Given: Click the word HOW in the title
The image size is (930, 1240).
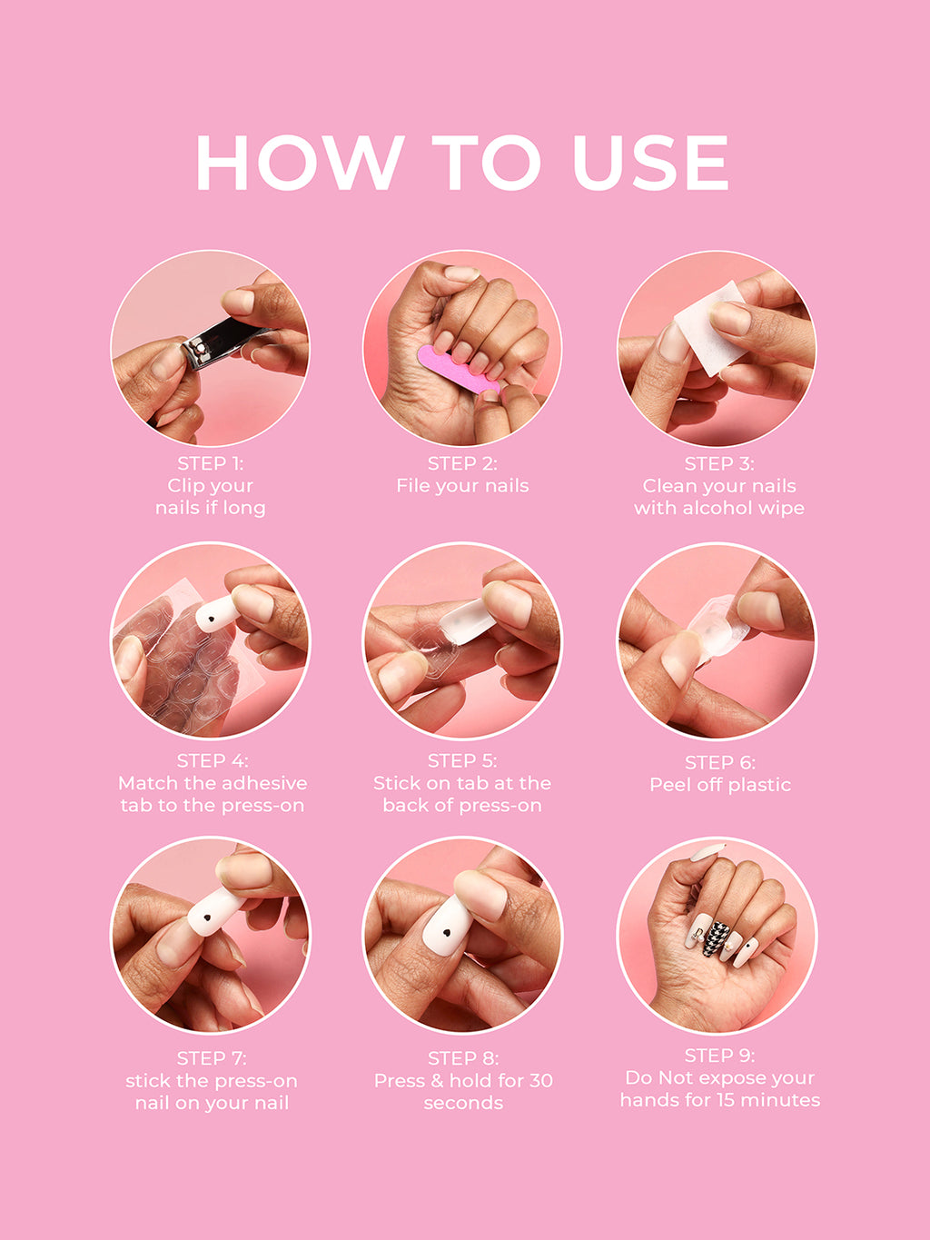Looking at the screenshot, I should (x=299, y=164).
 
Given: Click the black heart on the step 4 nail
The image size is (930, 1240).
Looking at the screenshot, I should (x=211, y=620).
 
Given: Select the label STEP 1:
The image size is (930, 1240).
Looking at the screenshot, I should (x=210, y=463).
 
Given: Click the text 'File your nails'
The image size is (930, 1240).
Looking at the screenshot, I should (x=462, y=486).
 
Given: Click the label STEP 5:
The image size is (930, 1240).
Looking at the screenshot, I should (x=462, y=760).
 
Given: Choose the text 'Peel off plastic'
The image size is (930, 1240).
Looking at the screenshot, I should (x=719, y=785).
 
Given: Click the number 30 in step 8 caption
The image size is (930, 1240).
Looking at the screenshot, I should (x=540, y=1080).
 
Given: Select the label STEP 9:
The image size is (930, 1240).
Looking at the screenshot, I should (x=719, y=1056).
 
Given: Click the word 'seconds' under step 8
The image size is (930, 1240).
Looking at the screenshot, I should (x=462, y=1103).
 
